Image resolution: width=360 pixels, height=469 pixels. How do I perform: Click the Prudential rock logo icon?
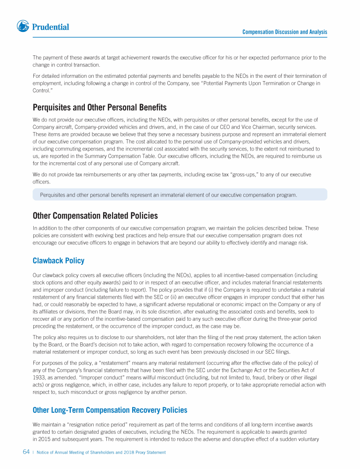(x=23, y=26)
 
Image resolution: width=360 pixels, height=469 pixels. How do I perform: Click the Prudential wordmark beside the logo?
(x=51, y=27)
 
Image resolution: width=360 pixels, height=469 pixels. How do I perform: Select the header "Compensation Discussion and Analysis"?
(x=285, y=32)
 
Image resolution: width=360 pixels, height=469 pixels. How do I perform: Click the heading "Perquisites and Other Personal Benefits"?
(x=100, y=107)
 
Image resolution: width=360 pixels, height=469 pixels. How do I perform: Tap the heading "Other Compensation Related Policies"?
(x=95, y=216)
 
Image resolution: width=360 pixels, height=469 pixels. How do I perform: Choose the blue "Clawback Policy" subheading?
(x=59, y=260)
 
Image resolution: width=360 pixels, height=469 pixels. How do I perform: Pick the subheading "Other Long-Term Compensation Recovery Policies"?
(x=110, y=410)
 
